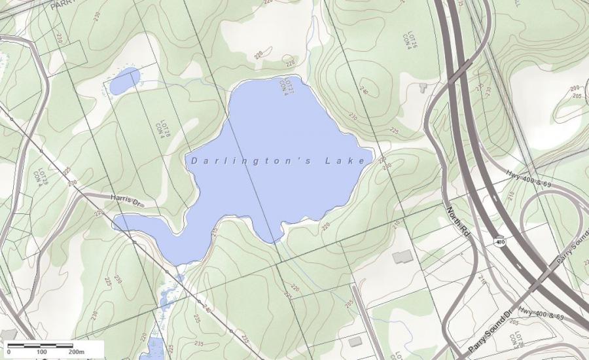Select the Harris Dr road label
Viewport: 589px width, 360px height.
click(x=126, y=199)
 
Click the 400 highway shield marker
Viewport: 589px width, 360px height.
click(x=499, y=241)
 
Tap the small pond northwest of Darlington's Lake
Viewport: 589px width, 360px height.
click(x=124, y=82)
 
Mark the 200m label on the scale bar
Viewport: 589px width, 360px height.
click(x=76, y=352)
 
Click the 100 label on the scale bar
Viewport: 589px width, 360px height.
click(x=41, y=352)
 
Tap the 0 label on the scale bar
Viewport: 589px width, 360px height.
click(x=9, y=352)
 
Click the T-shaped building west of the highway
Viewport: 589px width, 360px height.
click(x=422, y=88)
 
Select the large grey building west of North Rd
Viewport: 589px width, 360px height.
click(x=402, y=257)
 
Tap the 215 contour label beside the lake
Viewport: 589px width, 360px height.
click(x=214, y=232)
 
